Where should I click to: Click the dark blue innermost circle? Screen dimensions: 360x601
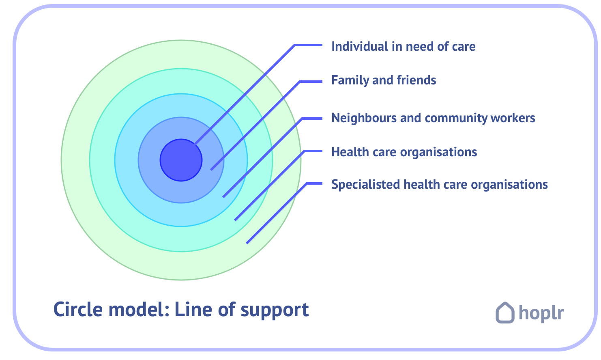(178, 162)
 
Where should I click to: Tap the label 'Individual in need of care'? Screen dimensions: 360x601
(403, 47)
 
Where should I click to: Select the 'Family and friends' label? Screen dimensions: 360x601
(384, 80)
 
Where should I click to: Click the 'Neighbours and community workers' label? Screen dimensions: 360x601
(433, 118)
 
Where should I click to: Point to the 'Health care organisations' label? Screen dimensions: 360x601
(404, 152)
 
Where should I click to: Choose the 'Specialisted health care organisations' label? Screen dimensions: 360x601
(439, 185)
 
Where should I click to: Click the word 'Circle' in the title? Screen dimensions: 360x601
(78, 310)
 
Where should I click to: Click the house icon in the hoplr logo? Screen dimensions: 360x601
(505, 313)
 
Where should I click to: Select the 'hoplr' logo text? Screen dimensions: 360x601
(541, 313)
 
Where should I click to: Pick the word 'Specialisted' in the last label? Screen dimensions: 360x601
(365, 185)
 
